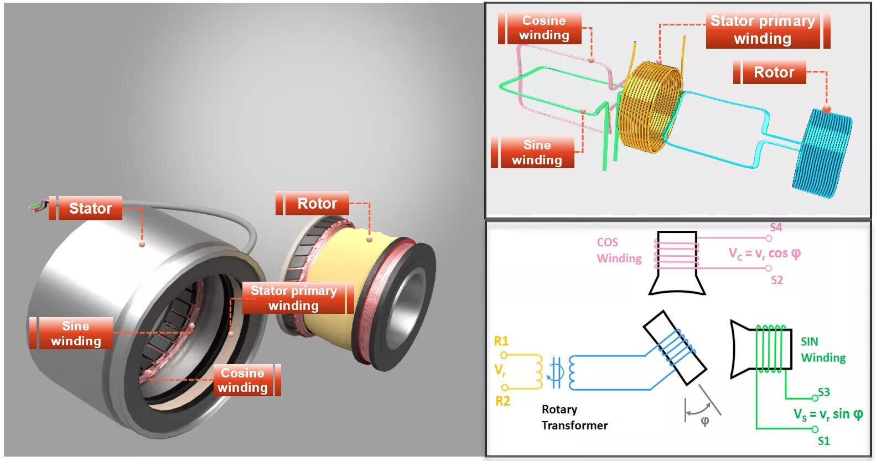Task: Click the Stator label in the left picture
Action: (90, 208)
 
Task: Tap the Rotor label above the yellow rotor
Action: (317, 204)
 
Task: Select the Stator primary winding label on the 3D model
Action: (294, 298)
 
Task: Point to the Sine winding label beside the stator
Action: (76, 333)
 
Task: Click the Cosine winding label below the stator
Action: (243, 380)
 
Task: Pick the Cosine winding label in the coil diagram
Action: (544, 28)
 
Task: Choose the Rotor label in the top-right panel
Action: (774, 72)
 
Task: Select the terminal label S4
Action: (776, 227)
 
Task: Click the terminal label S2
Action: (777, 280)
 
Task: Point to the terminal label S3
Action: (824, 392)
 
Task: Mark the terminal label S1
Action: (824, 441)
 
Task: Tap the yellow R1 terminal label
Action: (501, 341)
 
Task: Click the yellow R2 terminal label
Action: (502, 401)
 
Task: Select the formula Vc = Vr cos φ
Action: (765, 253)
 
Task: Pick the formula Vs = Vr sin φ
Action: (828, 415)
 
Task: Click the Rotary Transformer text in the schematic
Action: (574, 417)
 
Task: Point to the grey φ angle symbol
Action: (705, 421)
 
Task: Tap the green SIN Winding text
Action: (823, 350)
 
